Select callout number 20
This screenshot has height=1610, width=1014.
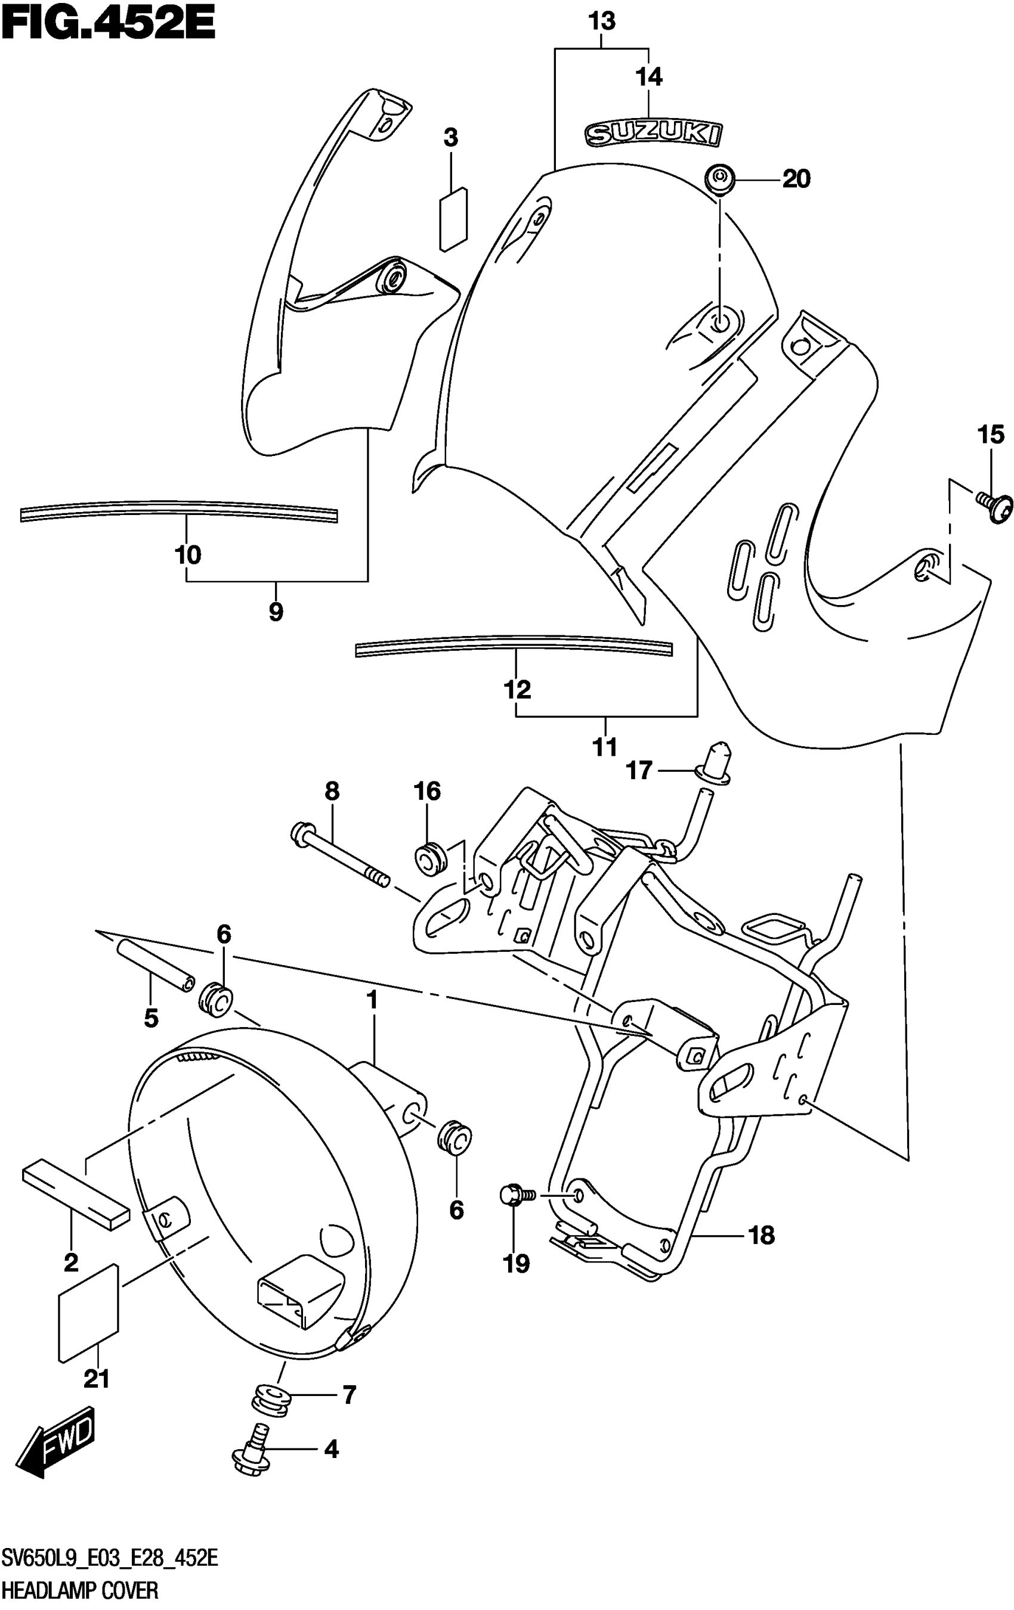[x=795, y=179]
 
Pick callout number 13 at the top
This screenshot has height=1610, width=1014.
[x=601, y=21]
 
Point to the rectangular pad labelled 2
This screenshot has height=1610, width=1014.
[x=75, y=1194]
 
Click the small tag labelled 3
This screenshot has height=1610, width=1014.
[x=453, y=220]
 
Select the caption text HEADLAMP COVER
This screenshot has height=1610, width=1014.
[x=81, y=1590]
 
